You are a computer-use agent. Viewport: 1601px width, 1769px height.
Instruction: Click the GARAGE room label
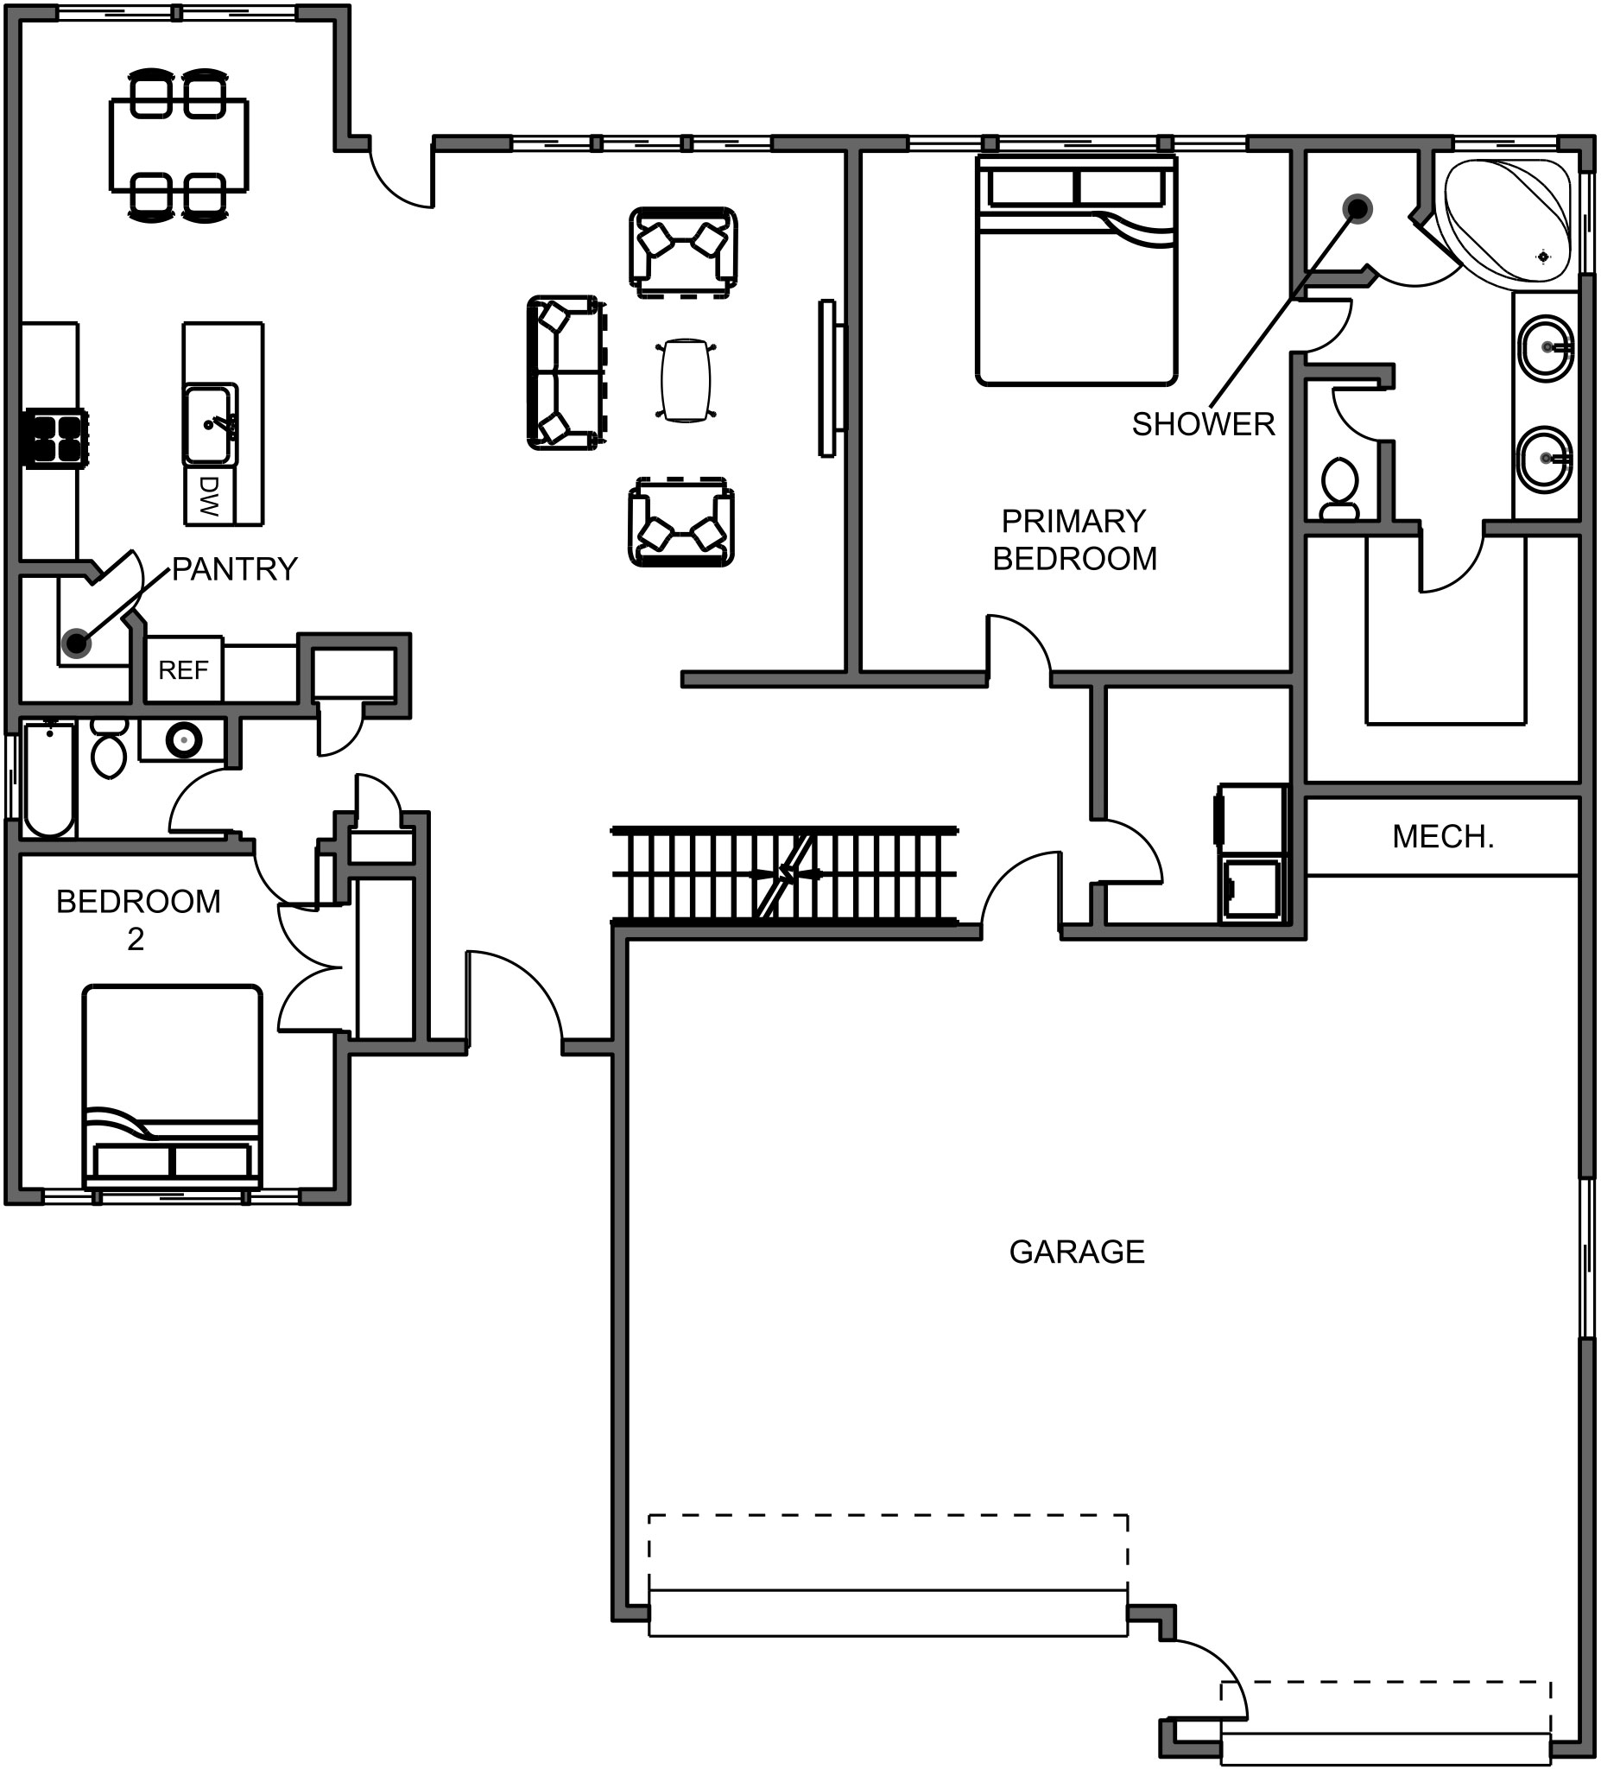point(1076,1252)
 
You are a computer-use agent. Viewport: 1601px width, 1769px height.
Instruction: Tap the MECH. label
point(1442,837)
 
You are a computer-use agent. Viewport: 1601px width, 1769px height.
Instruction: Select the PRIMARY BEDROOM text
point(1073,540)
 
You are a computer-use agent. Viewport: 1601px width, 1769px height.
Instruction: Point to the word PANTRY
point(234,569)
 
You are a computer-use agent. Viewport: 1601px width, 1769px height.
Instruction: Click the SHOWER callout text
point(1203,425)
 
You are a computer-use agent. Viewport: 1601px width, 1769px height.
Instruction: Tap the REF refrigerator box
point(183,670)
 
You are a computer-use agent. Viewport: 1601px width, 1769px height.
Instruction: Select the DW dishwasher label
point(208,497)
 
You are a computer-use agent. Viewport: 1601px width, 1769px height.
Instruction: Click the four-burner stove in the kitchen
point(55,439)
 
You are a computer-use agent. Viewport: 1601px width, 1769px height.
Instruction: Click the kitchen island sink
point(210,425)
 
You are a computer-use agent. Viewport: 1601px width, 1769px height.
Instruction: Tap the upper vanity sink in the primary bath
point(1545,348)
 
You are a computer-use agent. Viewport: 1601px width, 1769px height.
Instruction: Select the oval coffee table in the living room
point(684,381)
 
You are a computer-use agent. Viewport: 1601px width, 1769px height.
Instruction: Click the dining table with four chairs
point(179,145)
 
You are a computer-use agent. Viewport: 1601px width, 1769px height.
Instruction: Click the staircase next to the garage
point(783,874)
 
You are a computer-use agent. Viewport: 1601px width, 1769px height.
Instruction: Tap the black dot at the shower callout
point(1358,209)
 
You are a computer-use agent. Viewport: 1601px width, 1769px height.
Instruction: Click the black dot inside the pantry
point(77,644)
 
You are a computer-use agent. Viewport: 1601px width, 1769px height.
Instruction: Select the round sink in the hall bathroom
point(183,740)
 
